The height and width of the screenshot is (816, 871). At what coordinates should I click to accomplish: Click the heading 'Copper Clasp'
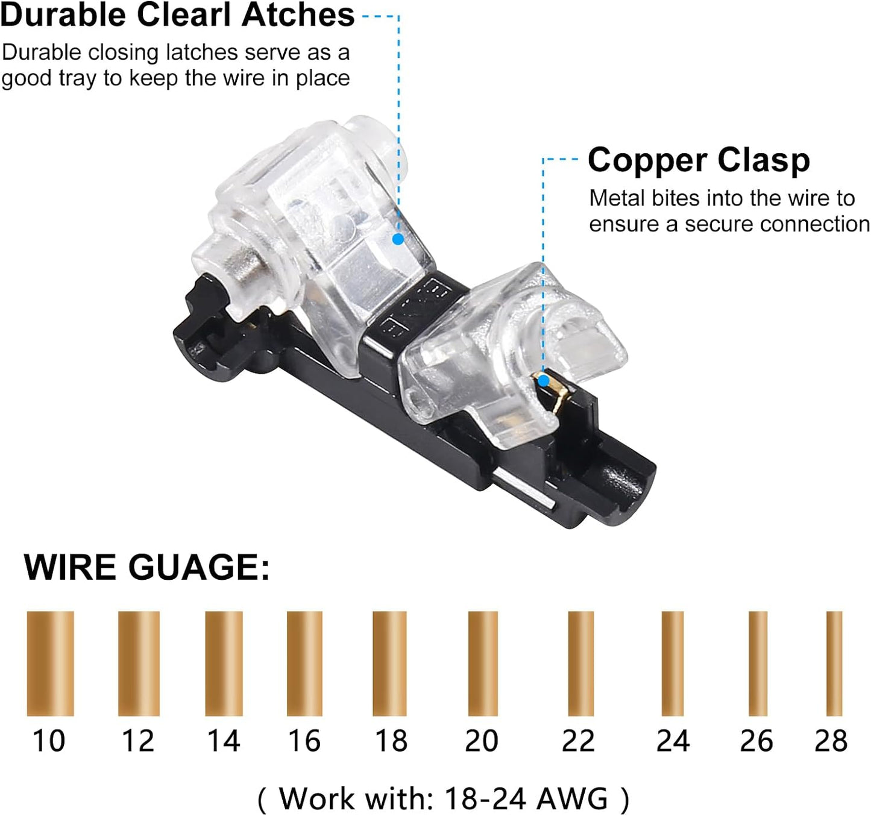pyautogui.click(x=699, y=160)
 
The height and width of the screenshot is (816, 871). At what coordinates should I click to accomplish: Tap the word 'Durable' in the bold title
pyautogui.click(x=63, y=15)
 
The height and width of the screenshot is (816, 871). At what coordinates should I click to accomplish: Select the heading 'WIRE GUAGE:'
pyautogui.click(x=147, y=567)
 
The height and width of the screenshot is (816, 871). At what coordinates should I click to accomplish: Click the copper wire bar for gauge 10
pyautogui.click(x=51, y=664)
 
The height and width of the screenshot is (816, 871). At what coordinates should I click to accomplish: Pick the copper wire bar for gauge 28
pyautogui.click(x=834, y=664)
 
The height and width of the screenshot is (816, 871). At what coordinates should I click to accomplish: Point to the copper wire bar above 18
pyautogui.click(x=389, y=664)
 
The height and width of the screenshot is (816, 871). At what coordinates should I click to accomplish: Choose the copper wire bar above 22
pyautogui.click(x=580, y=664)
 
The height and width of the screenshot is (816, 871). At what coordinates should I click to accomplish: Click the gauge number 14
pyautogui.click(x=224, y=741)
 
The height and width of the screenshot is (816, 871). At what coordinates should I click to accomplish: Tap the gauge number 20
pyautogui.click(x=482, y=741)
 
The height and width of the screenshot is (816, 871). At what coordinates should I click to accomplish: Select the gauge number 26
pyautogui.click(x=756, y=741)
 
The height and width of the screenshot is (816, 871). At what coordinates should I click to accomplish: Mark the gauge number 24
pyautogui.click(x=673, y=741)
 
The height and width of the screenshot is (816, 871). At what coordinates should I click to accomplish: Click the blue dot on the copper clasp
pyautogui.click(x=543, y=381)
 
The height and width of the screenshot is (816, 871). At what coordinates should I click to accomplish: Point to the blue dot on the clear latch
pyautogui.click(x=398, y=239)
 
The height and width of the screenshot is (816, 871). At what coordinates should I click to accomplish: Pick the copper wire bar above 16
pyautogui.click(x=304, y=664)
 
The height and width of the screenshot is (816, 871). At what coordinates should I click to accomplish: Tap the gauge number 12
pyautogui.click(x=137, y=741)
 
